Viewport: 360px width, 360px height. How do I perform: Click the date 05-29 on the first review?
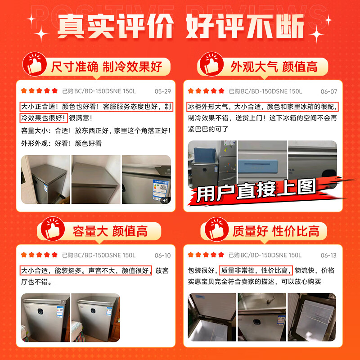tap(162, 91)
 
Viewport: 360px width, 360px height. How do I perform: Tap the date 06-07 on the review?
tap(329, 91)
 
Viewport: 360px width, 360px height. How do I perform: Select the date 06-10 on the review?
tap(162, 255)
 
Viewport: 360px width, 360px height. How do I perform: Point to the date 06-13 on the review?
tap(328, 255)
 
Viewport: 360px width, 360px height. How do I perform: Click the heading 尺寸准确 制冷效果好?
tap(106, 67)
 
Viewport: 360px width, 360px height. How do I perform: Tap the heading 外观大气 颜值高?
tap(274, 67)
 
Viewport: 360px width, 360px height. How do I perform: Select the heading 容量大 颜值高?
tap(110, 231)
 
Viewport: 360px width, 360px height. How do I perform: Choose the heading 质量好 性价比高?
tap(276, 231)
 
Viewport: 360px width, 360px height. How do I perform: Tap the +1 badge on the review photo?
tap(165, 200)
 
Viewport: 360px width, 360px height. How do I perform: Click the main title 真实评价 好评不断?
tap(180, 27)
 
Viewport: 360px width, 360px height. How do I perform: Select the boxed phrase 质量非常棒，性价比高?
tap(256, 270)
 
